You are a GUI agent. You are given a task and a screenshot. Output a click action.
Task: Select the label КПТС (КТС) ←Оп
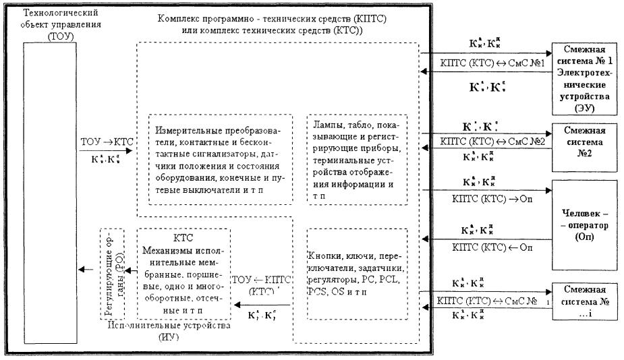pos(476,248)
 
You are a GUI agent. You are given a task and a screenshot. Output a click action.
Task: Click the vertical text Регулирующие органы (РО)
pos(112,274)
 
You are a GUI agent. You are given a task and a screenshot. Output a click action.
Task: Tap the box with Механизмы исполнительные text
pos(183,274)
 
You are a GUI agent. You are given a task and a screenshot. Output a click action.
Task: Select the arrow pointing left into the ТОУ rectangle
pos(86,270)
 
